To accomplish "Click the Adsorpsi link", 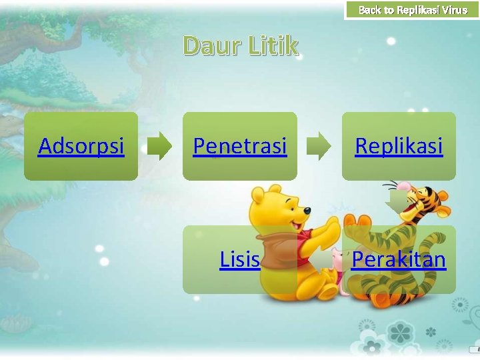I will click(81, 145).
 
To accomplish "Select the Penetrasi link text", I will click(239, 145).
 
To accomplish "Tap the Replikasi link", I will click(399, 145).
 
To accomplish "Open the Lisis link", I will click(239, 259).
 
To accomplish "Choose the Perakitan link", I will click(399, 259).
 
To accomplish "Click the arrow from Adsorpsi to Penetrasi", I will click(159, 146).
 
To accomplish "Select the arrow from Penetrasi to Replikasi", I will click(319, 146).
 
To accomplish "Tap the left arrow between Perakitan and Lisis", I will click(323, 259).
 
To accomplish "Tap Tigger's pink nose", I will click(403, 186).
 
